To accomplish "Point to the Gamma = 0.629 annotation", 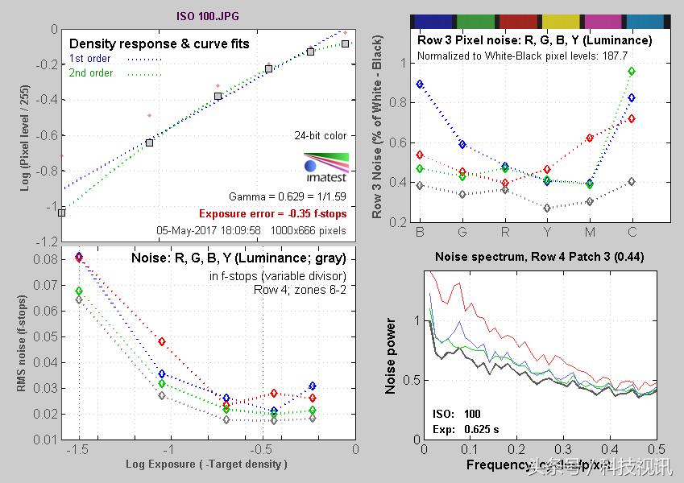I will (288, 196).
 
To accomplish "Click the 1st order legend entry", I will (90, 59).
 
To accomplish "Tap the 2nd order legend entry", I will (91, 73).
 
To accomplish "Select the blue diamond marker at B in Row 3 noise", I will (420, 84).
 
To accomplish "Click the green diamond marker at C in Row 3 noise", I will (632, 71).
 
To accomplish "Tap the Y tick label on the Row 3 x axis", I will (547, 233).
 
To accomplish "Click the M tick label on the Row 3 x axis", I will (590, 233).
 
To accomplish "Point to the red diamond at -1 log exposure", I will (162, 342).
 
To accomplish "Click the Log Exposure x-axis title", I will (206, 464).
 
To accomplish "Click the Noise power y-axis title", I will (391, 357).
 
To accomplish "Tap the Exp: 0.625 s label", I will (458, 428).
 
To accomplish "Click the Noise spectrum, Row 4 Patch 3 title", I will (539, 258).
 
